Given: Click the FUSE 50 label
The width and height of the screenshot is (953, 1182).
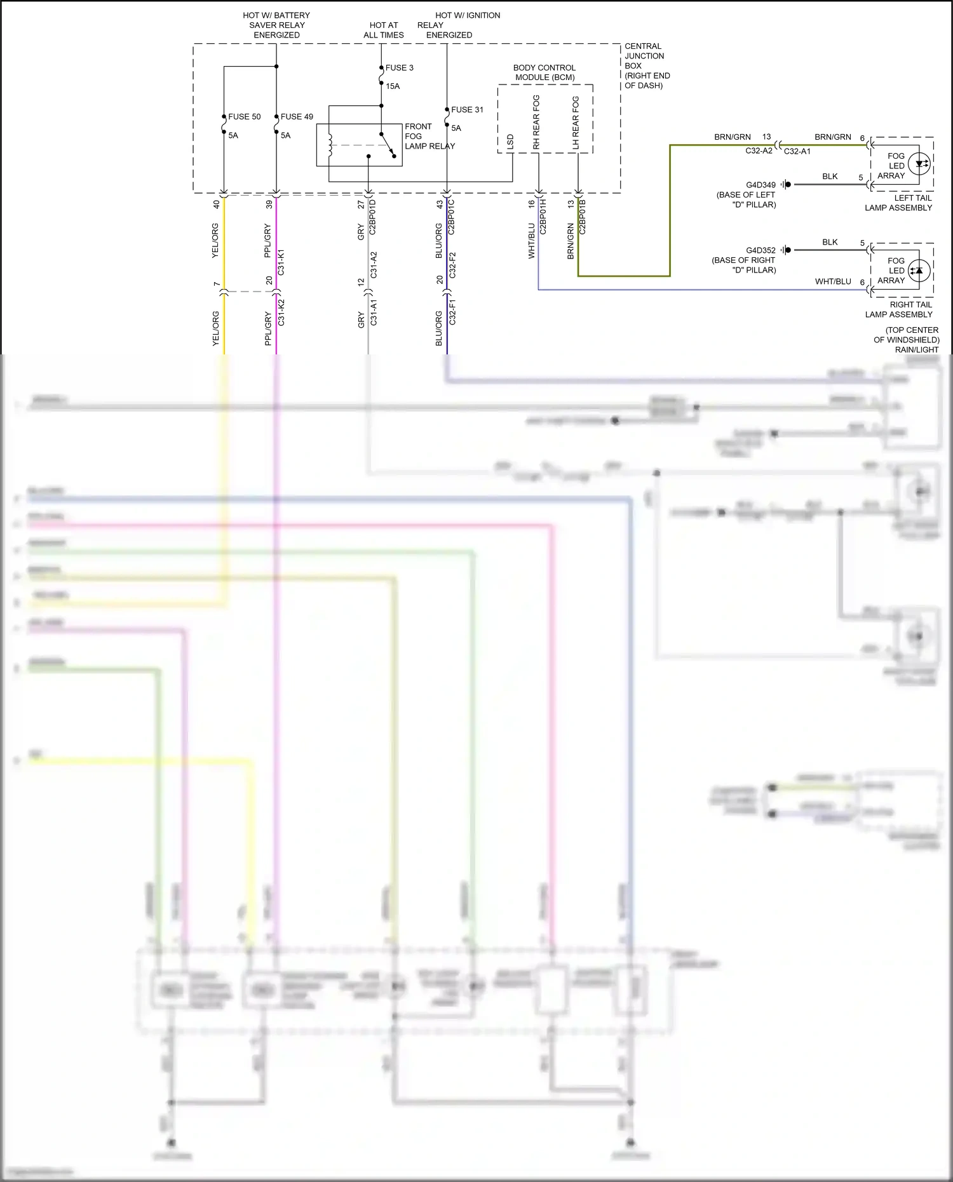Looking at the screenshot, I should click(x=244, y=117).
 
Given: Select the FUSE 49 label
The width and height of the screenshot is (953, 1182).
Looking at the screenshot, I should click(x=297, y=117).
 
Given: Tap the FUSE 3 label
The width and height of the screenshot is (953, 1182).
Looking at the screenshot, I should click(x=399, y=68).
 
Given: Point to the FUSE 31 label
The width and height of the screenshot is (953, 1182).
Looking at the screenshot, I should click(x=467, y=110).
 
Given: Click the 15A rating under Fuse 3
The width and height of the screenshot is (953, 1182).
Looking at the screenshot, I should click(x=393, y=86).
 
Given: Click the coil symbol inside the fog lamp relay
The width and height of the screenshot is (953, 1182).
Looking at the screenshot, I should click(x=330, y=145).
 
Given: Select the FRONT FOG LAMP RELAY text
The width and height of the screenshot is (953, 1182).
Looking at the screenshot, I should click(x=429, y=137).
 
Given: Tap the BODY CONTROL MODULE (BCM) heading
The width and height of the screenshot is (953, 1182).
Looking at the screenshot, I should click(x=544, y=72).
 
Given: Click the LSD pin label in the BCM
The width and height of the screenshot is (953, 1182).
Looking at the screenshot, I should click(x=510, y=142).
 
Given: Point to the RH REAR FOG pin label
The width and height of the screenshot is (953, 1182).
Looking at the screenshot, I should click(x=536, y=123).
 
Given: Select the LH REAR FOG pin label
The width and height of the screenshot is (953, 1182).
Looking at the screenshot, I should click(x=576, y=123).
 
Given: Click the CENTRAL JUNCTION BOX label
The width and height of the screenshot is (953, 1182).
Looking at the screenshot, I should click(x=646, y=65).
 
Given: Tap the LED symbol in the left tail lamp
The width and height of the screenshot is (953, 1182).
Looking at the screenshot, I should click(x=920, y=164).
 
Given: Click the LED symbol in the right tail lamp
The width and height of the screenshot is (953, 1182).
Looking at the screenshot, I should click(x=919, y=271).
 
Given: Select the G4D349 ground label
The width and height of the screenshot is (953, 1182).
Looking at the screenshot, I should click(x=760, y=185).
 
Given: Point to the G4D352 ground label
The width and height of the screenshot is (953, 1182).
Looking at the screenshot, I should click(x=760, y=251).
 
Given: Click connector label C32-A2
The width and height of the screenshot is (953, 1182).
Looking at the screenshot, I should click(x=759, y=151).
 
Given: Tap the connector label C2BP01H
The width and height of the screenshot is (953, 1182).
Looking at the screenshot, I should click(x=543, y=217).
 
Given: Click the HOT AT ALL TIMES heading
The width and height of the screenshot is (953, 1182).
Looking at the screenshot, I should click(x=384, y=30).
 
